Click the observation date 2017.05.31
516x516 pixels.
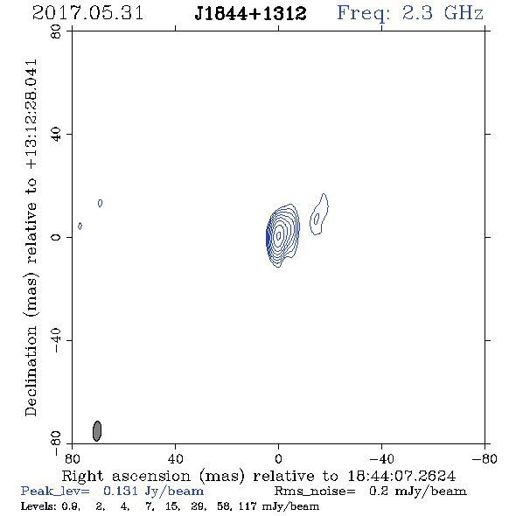pos(87,13)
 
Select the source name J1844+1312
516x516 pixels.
pos(250,13)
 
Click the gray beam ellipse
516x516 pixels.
pos(97,431)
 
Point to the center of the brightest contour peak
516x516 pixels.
pos(279,235)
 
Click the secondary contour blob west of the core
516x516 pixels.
pos(319,214)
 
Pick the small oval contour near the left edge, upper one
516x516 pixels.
pos(100,203)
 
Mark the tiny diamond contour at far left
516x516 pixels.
pos(80,226)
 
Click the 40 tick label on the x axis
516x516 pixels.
pos(175,458)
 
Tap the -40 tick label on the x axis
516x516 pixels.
pos(381,458)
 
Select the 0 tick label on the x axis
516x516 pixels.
pos(278,458)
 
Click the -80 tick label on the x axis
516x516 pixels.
pos(485,458)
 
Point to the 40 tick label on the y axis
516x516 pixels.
pos(56,134)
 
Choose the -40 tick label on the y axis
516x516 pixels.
pos(56,340)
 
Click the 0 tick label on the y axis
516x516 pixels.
pos(56,237)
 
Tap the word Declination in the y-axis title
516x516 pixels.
pos(31,371)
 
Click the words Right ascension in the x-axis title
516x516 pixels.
pos(126,476)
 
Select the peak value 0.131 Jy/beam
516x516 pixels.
pos(153,492)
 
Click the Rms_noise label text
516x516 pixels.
pos(315,492)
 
